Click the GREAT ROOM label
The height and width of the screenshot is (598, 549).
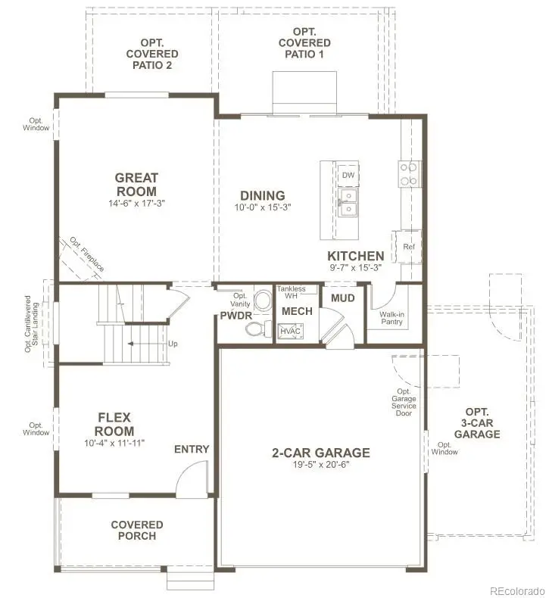click(x=136, y=185)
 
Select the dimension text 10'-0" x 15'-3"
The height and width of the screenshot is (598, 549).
click(x=263, y=207)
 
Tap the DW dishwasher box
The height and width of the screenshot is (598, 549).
click(x=348, y=175)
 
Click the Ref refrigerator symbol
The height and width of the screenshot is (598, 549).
click(x=408, y=247)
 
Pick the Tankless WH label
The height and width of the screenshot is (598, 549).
click(x=291, y=292)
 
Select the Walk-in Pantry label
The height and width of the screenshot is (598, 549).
click(x=391, y=318)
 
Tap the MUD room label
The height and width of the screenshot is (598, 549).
click(x=343, y=298)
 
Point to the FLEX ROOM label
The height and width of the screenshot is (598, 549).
click(x=115, y=424)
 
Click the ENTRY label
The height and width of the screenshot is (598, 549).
click(x=192, y=449)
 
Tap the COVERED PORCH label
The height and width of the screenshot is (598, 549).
click(x=137, y=530)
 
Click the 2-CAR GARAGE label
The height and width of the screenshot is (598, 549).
click(x=321, y=453)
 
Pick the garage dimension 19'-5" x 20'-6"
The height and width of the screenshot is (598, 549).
click(x=321, y=465)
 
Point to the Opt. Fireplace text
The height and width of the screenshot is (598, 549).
click(x=87, y=254)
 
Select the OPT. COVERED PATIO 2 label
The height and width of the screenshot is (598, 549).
click(x=152, y=55)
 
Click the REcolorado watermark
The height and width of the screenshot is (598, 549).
click(x=516, y=590)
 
